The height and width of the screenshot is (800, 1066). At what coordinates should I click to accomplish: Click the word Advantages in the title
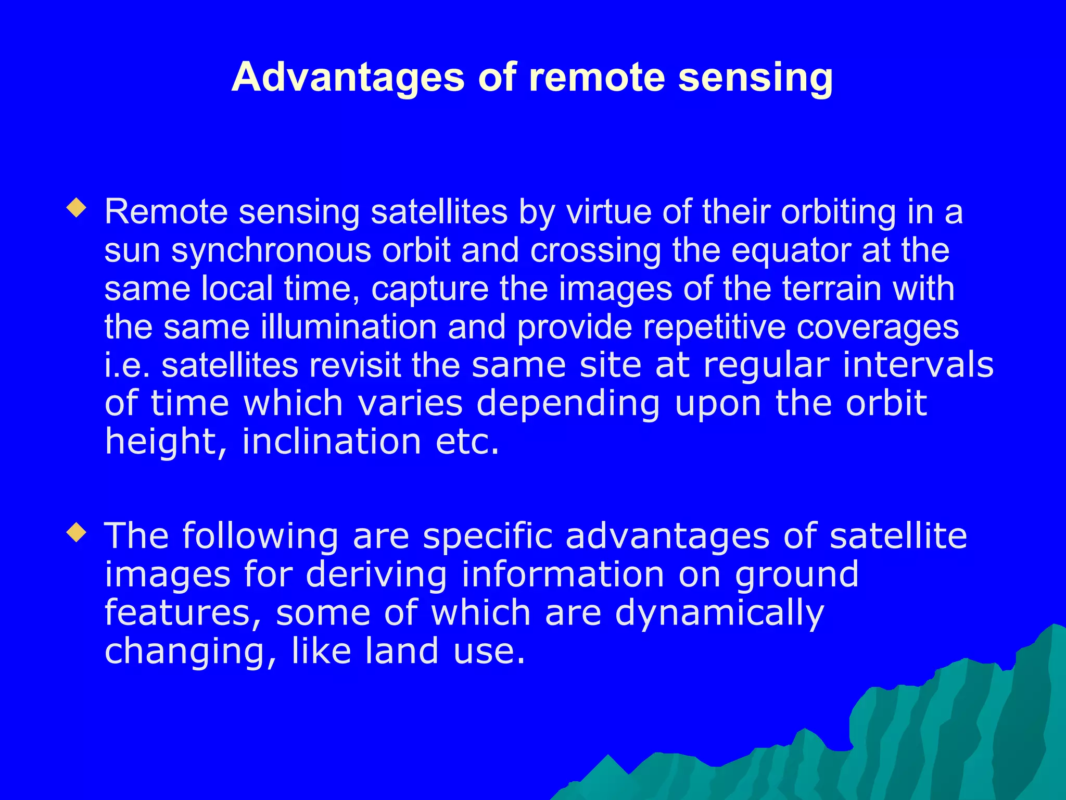point(348,77)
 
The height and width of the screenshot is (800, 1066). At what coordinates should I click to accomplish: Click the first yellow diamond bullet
point(77,209)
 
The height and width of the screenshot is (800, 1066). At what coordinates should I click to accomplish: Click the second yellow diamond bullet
point(77,533)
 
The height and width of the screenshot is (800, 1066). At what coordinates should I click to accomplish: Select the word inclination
point(332,442)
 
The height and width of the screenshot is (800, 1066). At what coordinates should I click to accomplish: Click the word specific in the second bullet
point(488,536)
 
